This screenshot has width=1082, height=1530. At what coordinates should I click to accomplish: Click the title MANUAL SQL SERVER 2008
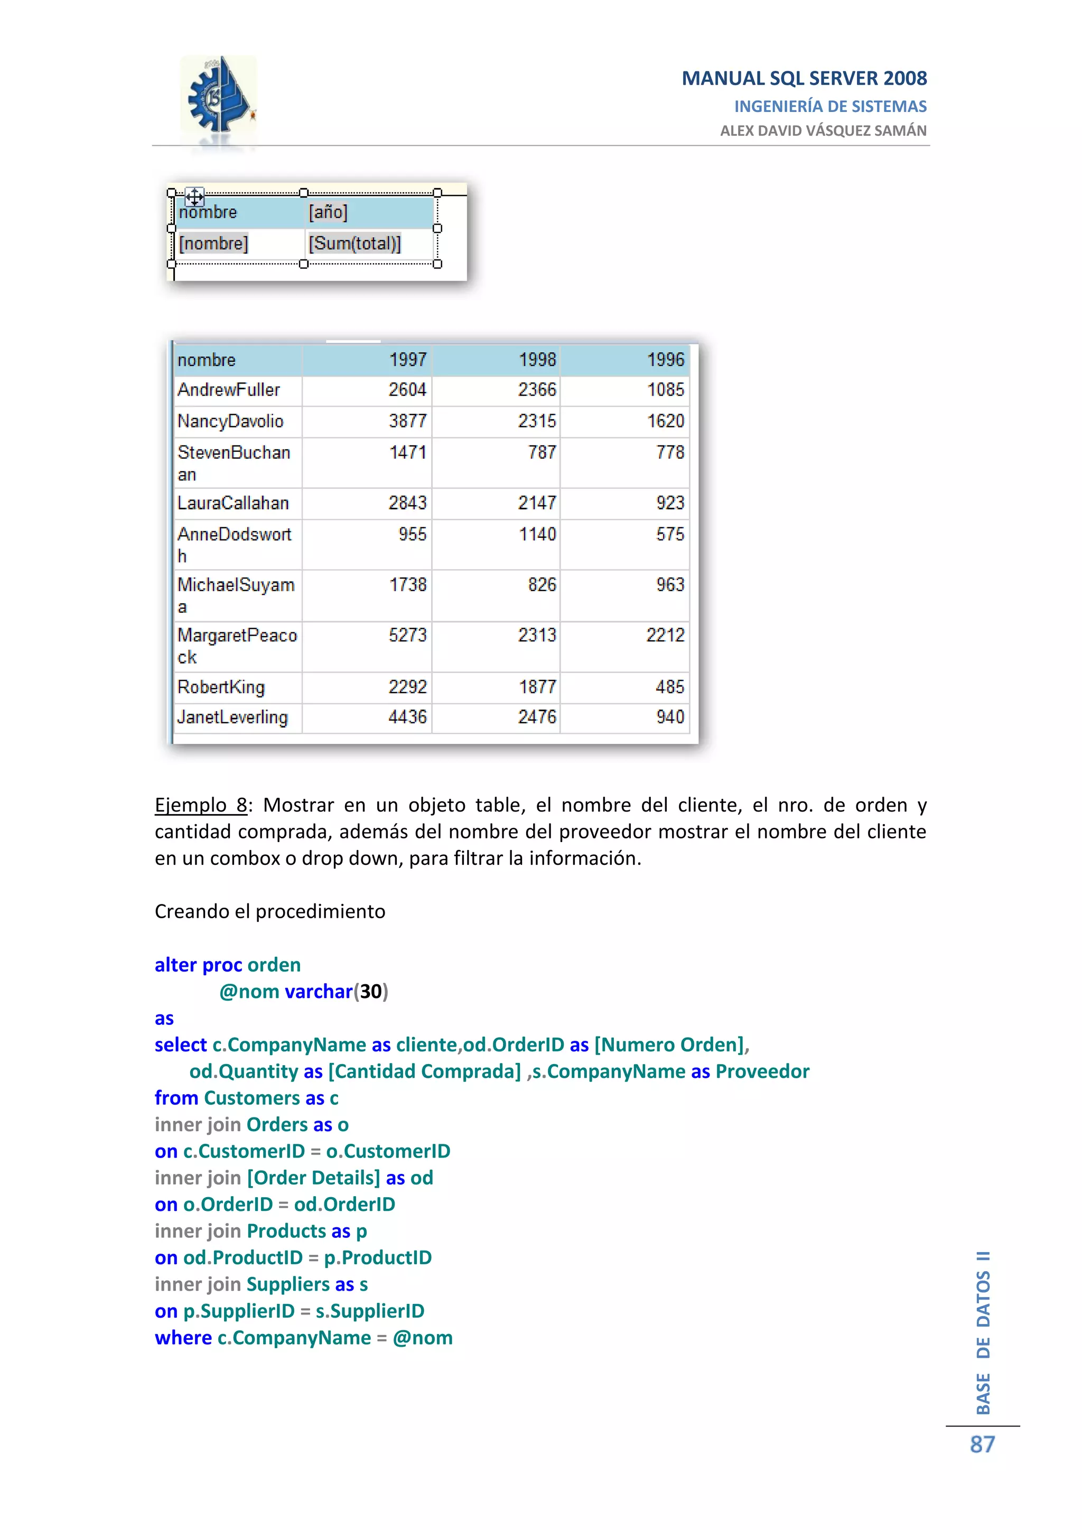coord(804,79)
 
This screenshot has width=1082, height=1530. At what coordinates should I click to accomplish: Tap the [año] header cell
coord(328,212)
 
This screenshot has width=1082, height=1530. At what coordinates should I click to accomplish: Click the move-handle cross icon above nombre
coord(194,197)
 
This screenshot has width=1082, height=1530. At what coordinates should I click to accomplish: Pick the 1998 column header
coord(537,360)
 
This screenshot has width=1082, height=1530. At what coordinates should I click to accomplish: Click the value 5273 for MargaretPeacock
coord(407,635)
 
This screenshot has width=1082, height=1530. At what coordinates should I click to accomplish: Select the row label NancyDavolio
coord(230,421)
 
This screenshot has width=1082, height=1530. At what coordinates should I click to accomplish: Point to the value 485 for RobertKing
coord(669,687)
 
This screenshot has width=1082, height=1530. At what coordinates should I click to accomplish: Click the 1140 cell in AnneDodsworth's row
coord(537,535)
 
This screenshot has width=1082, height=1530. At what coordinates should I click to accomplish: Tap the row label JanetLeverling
coord(232,717)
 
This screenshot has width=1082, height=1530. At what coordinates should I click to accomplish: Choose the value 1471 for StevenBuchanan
coord(407,452)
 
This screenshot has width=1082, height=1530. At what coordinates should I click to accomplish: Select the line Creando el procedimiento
coord(270,911)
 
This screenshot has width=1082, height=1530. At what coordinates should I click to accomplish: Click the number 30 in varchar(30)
coord(371,992)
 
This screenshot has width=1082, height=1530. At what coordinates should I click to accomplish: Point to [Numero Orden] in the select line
coord(669,1045)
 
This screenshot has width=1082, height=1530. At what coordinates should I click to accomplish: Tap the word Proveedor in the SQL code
coord(762,1071)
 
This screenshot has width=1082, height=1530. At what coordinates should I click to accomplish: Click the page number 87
coord(982,1445)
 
